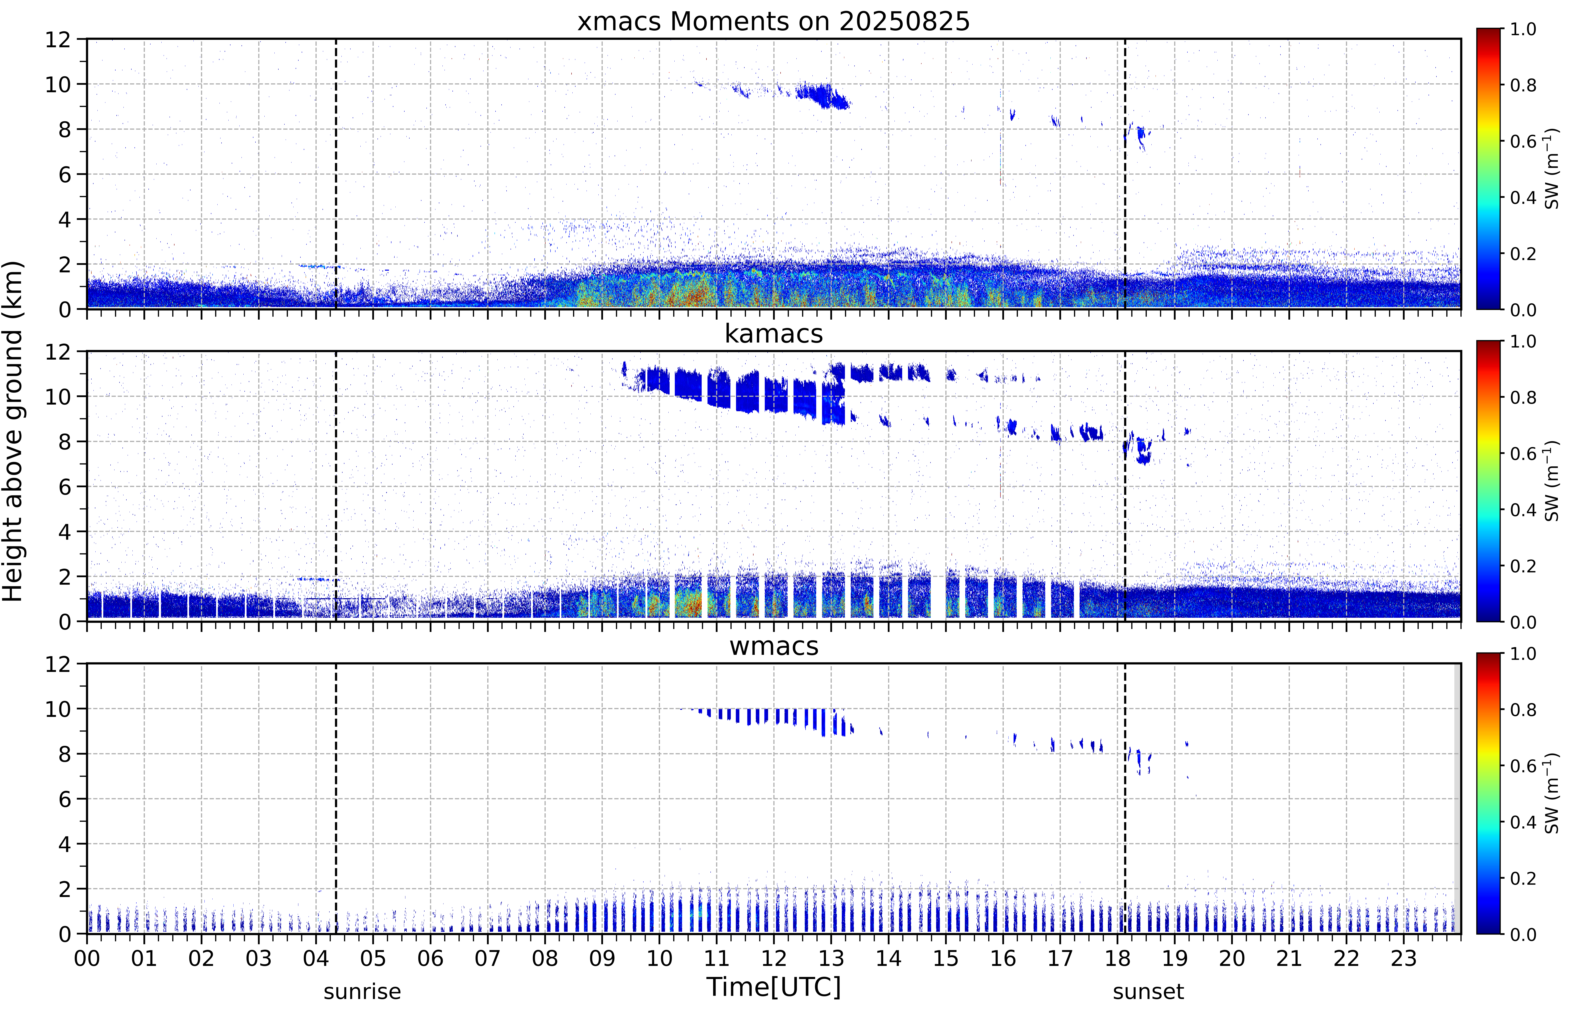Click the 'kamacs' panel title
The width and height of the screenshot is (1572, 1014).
pyautogui.click(x=774, y=334)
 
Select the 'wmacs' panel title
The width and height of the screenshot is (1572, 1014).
pyautogui.click(x=774, y=646)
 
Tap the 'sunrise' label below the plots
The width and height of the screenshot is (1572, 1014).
pyautogui.click(x=362, y=991)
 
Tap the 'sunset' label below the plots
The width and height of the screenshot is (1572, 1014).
pyautogui.click(x=1148, y=991)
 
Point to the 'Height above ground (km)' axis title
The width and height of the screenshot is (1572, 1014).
pyautogui.click(x=13, y=431)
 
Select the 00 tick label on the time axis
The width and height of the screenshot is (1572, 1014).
pyautogui.click(x=87, y=958)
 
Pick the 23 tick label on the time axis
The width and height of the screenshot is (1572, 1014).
pyautogui.click(x=1404, y=958)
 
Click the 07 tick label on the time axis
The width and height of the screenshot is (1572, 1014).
pyautogui.click(x=488, y=958)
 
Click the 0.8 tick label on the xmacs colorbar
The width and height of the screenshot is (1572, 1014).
pyautogui.click(x=1523, y=85)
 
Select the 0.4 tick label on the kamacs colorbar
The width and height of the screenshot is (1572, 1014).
pyautogui.click(x=1523, y=510)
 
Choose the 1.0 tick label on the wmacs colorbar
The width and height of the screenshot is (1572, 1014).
pyautogui.click(x=1523, y=654)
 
